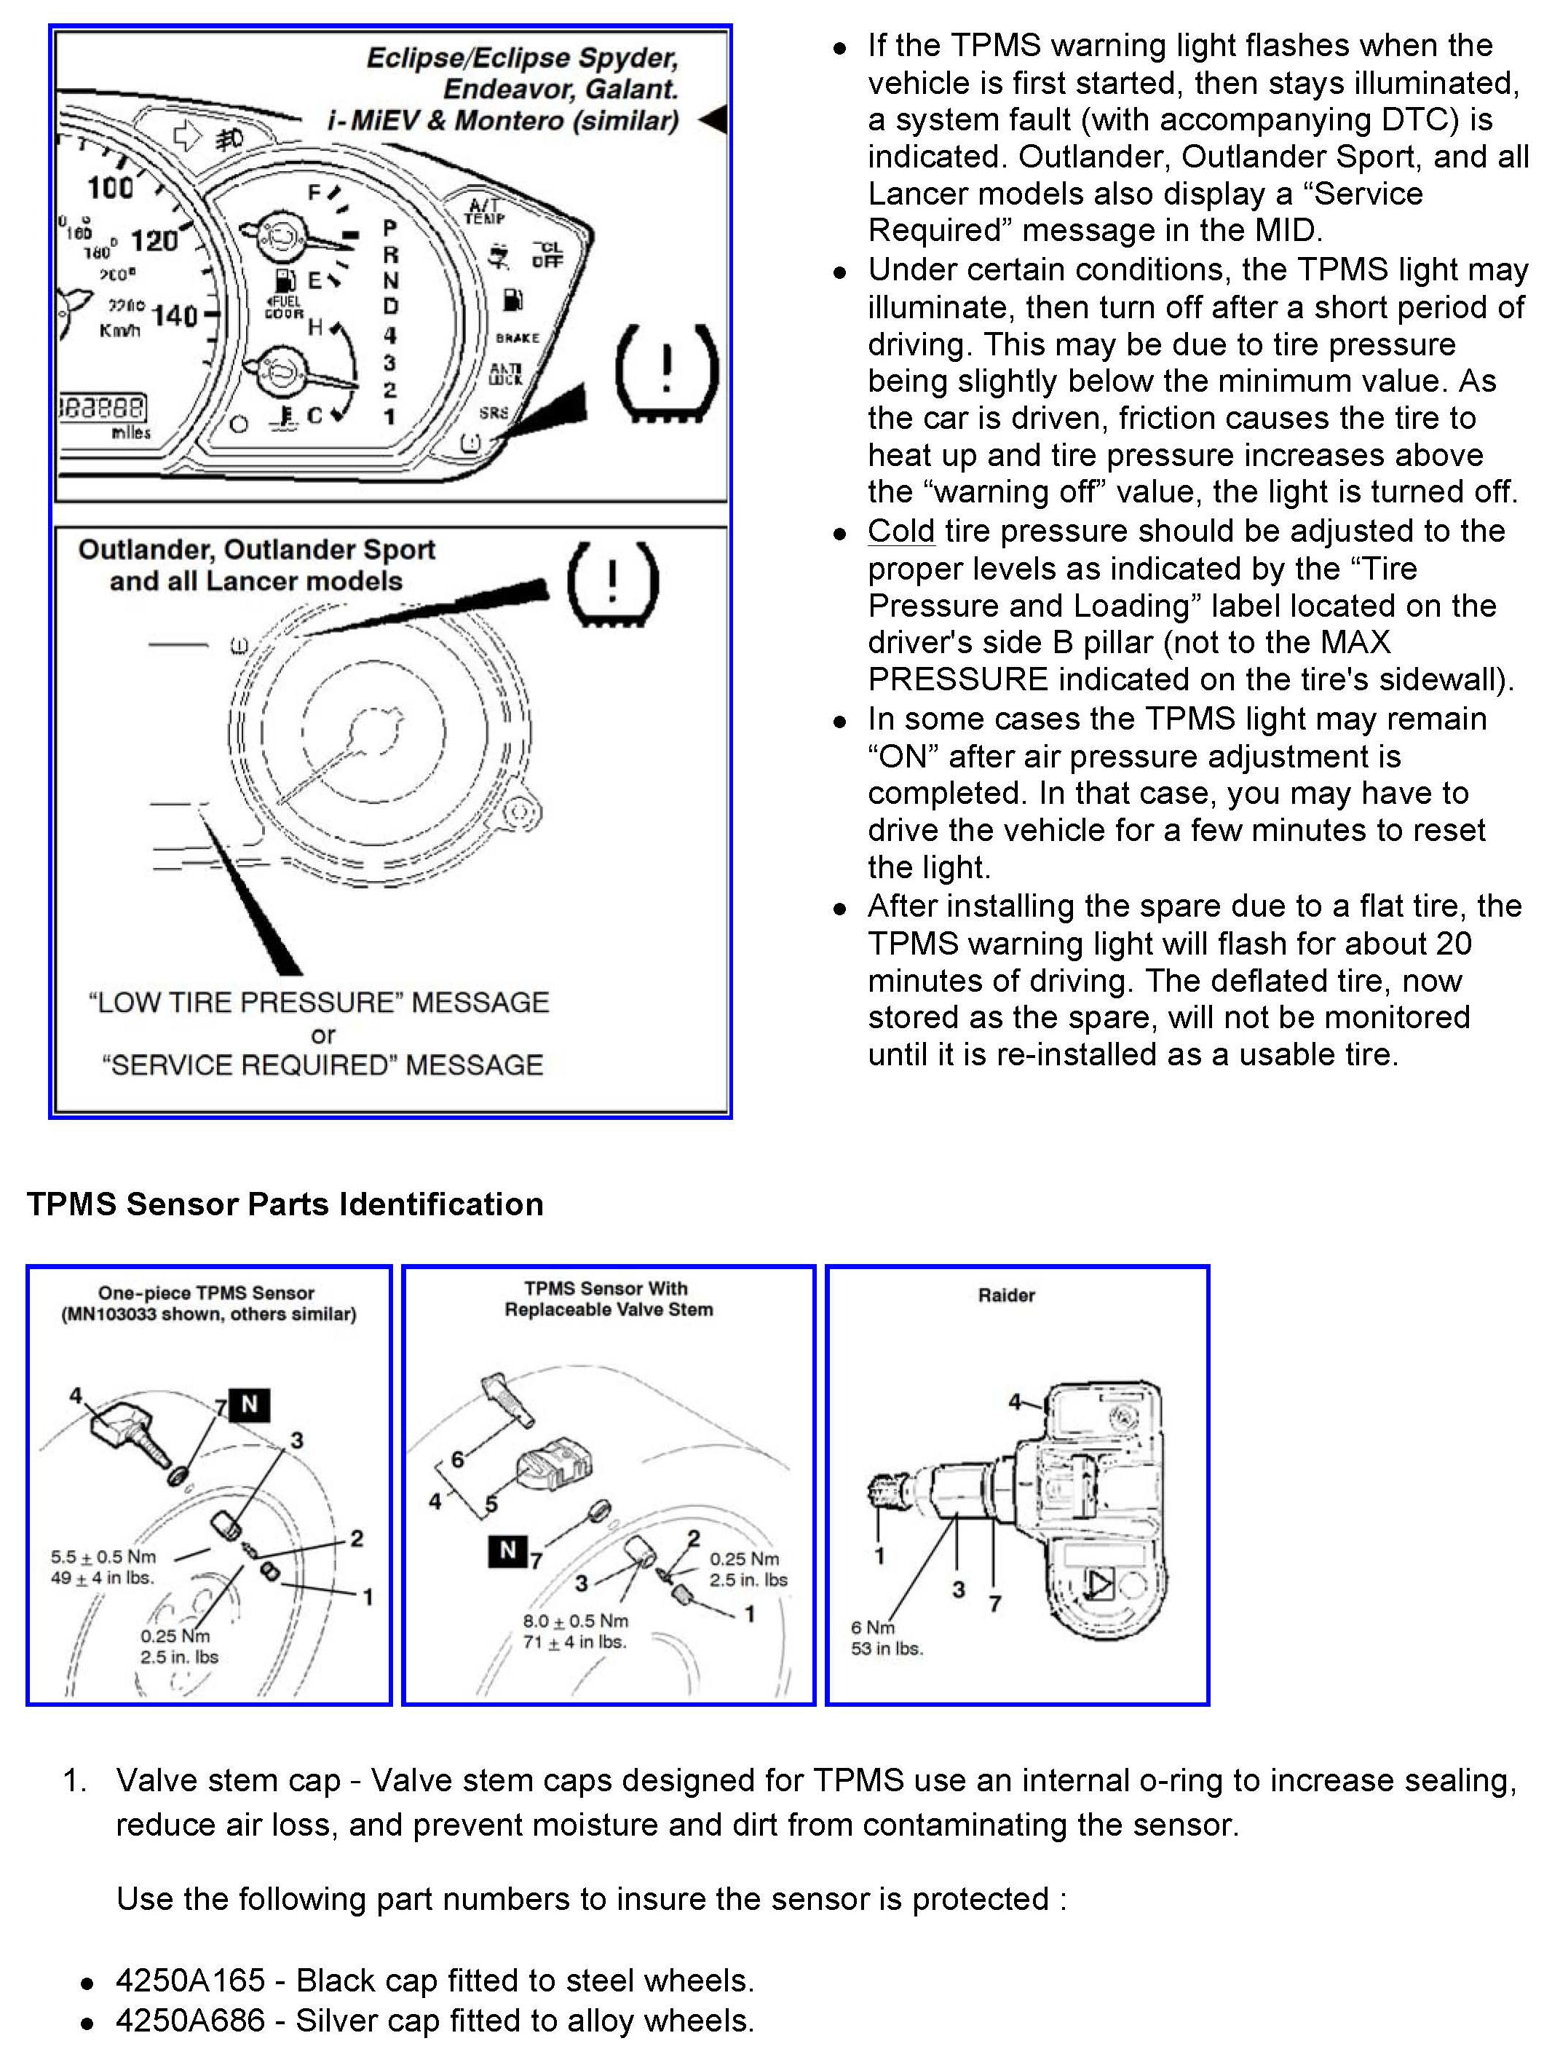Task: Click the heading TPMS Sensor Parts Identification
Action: [285, 1204]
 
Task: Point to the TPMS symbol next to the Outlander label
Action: [612, 583]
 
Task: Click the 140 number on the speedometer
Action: [175, 315]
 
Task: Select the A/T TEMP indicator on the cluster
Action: [484, 211]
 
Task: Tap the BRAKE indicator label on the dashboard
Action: [517, 338]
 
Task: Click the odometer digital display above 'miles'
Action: [102, 408]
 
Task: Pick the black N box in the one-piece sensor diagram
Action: [249, 1405]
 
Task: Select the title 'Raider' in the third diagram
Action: [1006, 1295]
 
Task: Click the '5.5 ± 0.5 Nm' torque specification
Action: [104, 1557]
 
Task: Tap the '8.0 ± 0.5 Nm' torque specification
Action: [575, 1621]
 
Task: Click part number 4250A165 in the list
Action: [190, 1981]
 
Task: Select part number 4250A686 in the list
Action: [190, 2021]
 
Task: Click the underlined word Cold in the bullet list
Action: [900, 532]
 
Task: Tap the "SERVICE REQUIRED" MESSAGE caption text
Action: [322, 1065]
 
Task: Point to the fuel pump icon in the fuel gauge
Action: [285, 280]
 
